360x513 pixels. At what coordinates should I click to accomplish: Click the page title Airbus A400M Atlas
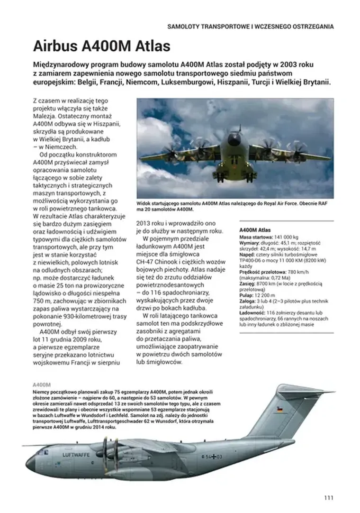101,46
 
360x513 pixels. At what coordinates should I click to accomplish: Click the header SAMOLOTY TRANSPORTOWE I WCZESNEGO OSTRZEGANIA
251,27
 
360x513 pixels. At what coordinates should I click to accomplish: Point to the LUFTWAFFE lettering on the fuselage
76,454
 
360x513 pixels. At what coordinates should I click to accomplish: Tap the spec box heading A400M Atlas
255,230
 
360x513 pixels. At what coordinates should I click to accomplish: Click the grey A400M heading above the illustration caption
42,385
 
